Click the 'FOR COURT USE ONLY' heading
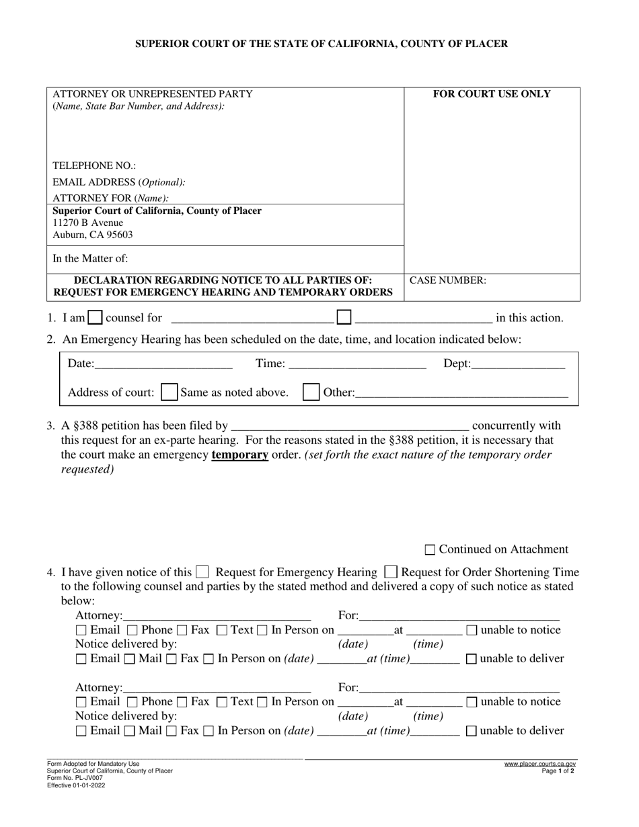point(491,94)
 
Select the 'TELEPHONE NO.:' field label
point(94,165)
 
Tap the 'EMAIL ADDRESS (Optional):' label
point(119,182)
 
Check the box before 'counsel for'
point(96,317)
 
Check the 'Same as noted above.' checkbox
point(170,392)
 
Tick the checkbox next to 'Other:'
point(311,392)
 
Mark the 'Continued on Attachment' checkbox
point(430,550)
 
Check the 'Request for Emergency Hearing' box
point(202,573)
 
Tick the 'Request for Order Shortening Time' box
point(390,573)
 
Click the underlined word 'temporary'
point(239,455)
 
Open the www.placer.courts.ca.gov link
point(539,764)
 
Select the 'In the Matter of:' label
point(90,258)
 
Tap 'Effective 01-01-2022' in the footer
point(76,785)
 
